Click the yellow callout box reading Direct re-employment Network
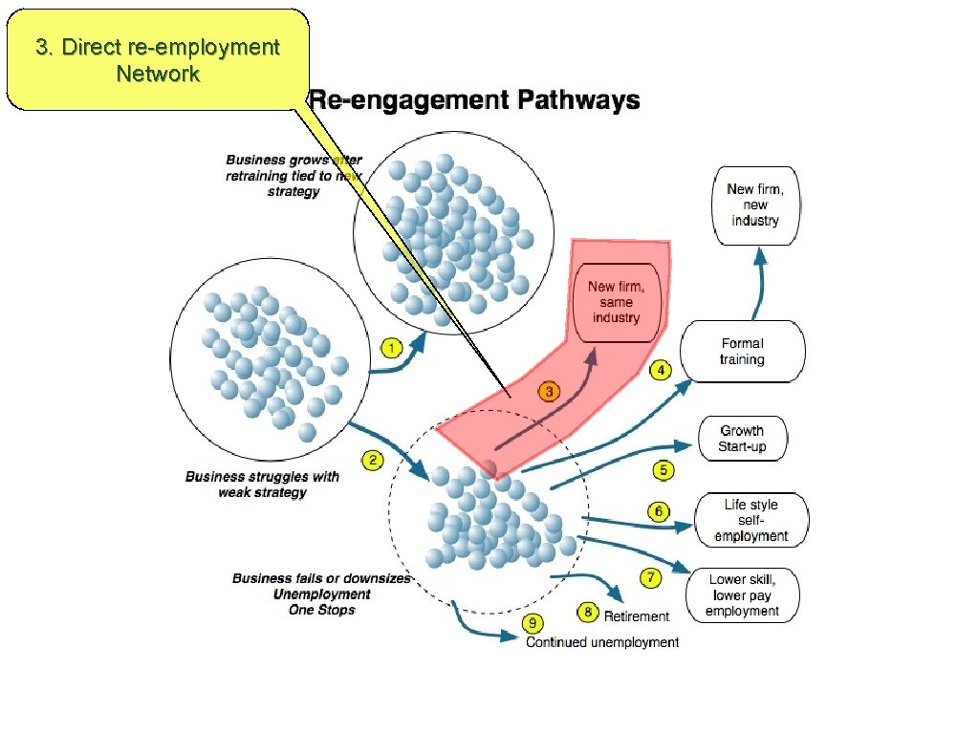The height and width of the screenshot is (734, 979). [x=158, y=59]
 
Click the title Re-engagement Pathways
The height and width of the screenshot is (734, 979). [x=475, y=100]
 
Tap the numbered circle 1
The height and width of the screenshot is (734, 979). [x=391, y=348]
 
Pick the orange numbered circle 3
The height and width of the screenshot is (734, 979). [x=548, y=391]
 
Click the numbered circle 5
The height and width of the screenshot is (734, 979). [x=664, y=470]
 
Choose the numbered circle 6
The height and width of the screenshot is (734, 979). [x=659, y=512]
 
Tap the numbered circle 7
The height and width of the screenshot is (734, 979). [x=651, y=577]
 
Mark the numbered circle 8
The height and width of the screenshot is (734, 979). [x=589, y=612]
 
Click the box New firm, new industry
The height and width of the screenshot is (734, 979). [x=754, y=205]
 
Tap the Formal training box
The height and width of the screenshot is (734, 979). [x=742, y=352]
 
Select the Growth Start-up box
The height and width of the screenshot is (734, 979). [x=742, y=439]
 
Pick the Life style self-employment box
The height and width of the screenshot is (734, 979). [x=751, y=521]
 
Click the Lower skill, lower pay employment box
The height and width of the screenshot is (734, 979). [x=742, y=595]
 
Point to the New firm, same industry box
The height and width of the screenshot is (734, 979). [x=615, y=302]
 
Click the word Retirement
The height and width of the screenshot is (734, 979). [x=637, y=616]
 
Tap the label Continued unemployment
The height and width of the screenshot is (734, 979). [x=602, y=642]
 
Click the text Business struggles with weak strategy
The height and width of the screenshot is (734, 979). [x=261, y=485]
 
